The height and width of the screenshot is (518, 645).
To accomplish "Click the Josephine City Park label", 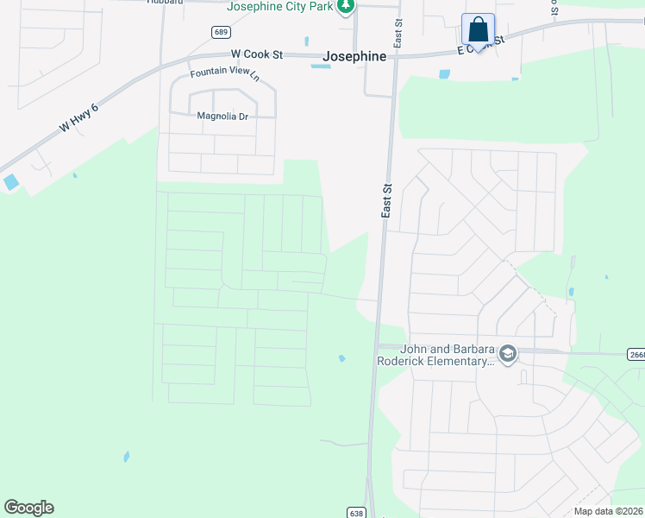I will [279, 6].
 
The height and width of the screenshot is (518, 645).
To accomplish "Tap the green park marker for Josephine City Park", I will [346, 6].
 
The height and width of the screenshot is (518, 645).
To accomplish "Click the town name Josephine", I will [354, 56].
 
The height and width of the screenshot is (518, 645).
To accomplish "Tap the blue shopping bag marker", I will [478, 30].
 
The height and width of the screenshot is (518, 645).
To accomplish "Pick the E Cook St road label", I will [479, 44].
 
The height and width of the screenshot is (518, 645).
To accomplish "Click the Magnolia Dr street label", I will [222, 116].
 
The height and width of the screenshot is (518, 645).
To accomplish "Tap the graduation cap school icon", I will [508, 352].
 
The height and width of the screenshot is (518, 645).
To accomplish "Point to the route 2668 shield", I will [636, 354].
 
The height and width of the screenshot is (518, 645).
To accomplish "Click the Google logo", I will [28, 508].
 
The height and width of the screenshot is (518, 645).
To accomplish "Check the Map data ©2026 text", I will [608, 511].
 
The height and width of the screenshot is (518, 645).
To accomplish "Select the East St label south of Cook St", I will [387, 199].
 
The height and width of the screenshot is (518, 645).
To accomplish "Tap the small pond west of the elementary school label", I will [342, 358].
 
